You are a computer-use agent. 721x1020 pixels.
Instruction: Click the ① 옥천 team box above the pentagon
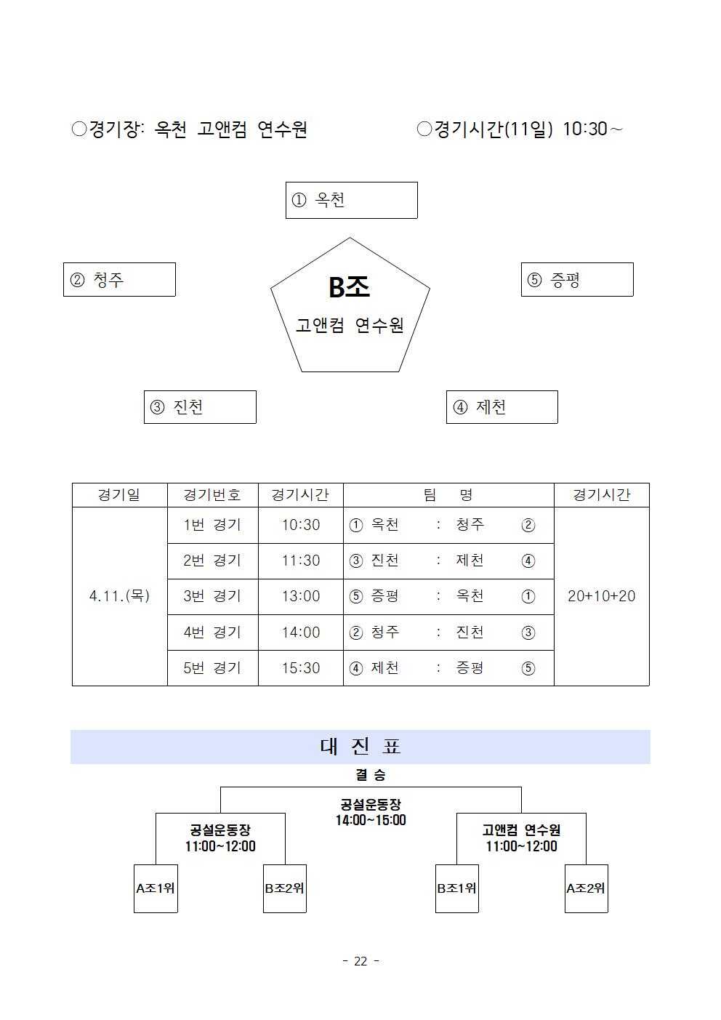(x=351, y=201)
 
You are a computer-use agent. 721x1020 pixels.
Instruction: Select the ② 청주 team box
(x=119, y=280)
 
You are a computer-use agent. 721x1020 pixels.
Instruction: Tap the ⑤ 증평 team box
(x=577, y=280)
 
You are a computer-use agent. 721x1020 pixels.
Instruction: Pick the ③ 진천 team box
(x=200, y=407)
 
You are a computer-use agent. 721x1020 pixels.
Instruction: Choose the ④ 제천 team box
(x=502, y=407)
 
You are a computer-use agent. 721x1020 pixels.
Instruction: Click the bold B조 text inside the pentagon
(x=349, y=287)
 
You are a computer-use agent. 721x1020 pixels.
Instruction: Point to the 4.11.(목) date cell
(x=120, y=596)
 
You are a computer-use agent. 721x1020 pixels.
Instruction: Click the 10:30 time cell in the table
(x=301, y=525)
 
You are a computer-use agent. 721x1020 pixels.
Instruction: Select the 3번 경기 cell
(x=212, y=597)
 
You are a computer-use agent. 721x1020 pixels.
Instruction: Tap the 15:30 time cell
(x=301, y=668)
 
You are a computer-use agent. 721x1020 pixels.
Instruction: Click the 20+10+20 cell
(x=601, y=596)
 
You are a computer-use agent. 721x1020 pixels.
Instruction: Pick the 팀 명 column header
(x=448, y=495)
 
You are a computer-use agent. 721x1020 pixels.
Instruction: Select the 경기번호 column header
(x=212, y=495)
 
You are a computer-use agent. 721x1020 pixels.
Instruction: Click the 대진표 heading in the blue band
(x=360, y=747)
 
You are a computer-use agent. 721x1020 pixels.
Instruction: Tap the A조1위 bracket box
(x=156, y=888)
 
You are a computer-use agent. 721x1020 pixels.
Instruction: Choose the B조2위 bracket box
(x=285, y=888)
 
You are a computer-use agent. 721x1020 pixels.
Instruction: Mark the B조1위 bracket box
(x=457, y=888)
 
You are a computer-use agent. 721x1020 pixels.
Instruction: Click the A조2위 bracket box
(x=587, y=888)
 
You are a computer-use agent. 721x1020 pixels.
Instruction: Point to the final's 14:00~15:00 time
(x=371, y=820)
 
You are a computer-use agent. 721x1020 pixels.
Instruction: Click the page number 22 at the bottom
(x=360, y=961)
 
